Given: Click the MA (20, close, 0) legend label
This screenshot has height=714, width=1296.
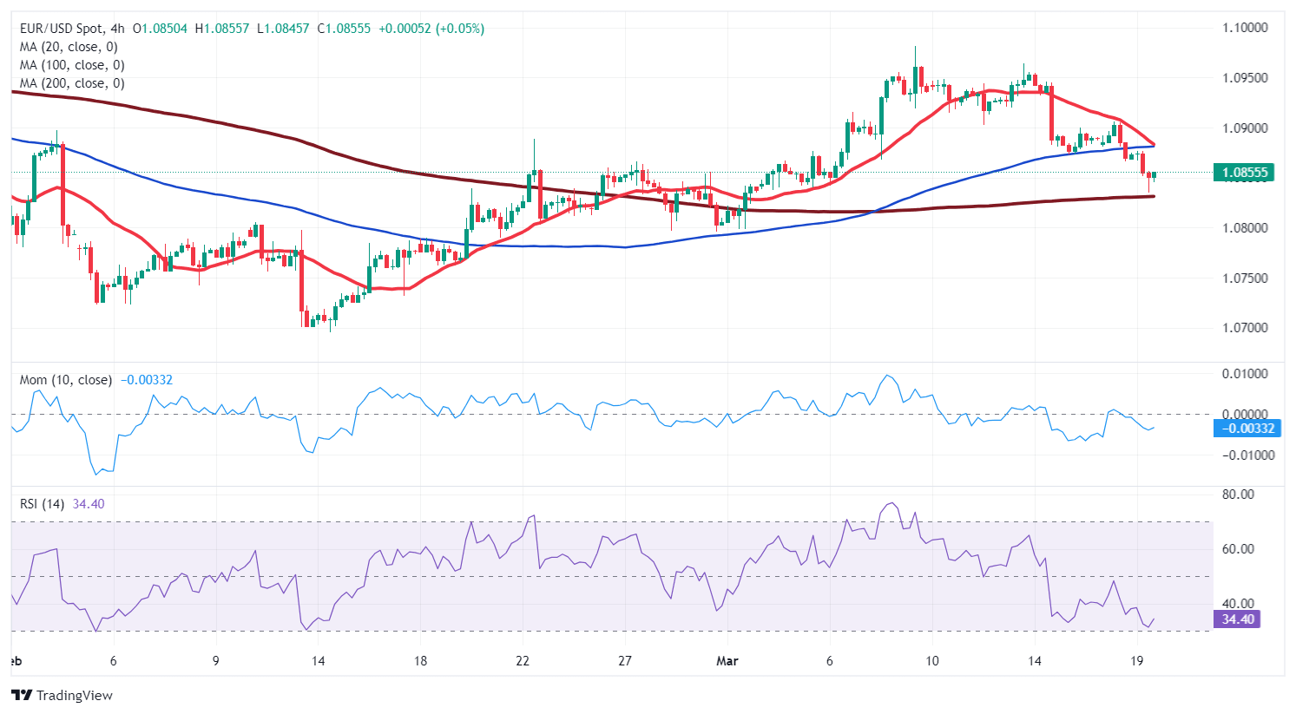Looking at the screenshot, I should pyautogui.click(x=69, y=47).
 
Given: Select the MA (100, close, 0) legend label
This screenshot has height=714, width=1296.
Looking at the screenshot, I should pyautogui.click(x=72, y=65).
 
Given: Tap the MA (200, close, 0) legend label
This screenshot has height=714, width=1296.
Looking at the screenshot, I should pyautogui.click(x=72, y=83).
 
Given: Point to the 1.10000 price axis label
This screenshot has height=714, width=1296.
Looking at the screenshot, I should pyautogui.click(x=1245, y=28).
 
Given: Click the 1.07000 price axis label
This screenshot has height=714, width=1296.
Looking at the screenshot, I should pyautogui.click(x=1245, y=328).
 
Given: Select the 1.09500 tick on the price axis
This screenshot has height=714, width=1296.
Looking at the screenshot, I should pyautogui.click(x=1245, y=78).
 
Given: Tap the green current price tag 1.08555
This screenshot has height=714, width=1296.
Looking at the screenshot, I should pyautogui.click(x=1245, y=173).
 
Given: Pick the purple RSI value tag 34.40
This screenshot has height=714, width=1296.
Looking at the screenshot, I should pyautogui.click(x=1238, y=619).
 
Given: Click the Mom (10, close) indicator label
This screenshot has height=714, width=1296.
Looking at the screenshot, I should pyautogui.click(x=66, y=380).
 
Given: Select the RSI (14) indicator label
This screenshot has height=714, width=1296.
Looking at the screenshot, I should pyautogui.click(x=42, y=504).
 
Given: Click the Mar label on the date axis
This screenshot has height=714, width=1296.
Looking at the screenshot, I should pyautogui.click(x=727, y=661).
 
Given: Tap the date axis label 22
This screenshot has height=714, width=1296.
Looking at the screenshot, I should pyautogui.click(x=522, y=661).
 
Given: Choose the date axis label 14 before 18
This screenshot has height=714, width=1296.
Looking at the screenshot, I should pyautogui.click(x=318, y=661).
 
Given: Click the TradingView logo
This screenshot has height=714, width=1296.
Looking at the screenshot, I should pyautogui.click(x=62, y=695).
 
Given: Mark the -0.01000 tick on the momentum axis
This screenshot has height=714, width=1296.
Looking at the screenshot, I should pyautogui.click(x=1247, y=455).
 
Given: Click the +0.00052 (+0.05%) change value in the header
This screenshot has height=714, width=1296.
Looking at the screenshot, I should pyautogui.click(x=430, y=29).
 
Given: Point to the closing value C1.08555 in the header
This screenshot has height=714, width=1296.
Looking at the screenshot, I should pyautogui.click(x=344, y=29).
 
